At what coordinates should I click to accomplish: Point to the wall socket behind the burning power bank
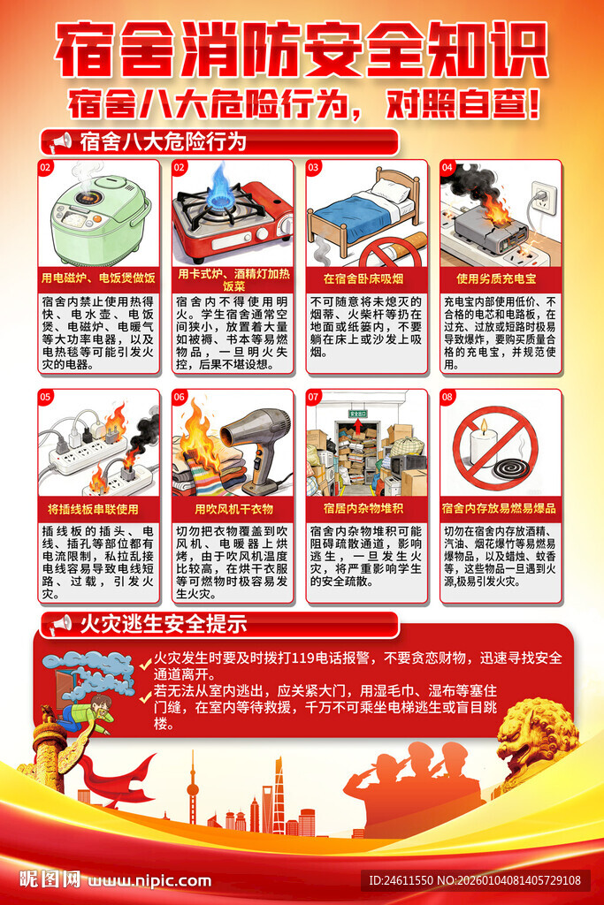click(544, 199)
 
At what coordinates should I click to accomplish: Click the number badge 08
click(447, 397)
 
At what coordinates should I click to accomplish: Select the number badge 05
click(45, 397)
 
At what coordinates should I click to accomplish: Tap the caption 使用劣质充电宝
click(500, 278)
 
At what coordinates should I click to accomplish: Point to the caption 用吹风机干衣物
click(233, 509)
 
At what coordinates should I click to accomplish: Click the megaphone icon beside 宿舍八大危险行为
click(58, 141)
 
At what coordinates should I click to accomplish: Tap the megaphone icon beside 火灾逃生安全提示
click(58, 624)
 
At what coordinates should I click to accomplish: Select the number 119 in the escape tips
click(305, 658)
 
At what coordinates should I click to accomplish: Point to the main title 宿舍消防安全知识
click(302, 51)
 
